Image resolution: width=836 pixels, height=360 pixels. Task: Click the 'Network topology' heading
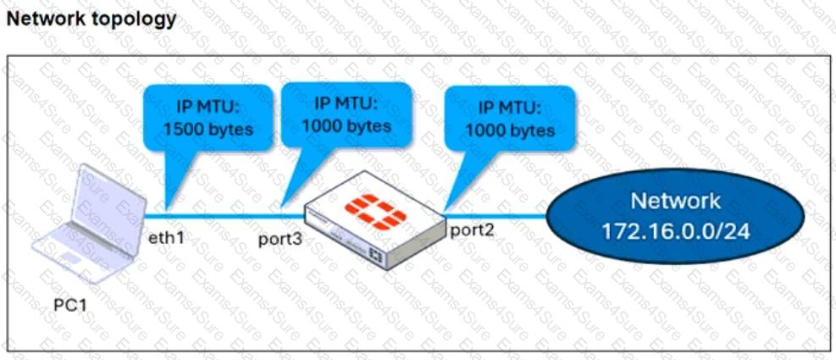pyautogui.click(x=91, y=19)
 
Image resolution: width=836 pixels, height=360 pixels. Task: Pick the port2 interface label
pyautogui.click(x=468, y=230)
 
